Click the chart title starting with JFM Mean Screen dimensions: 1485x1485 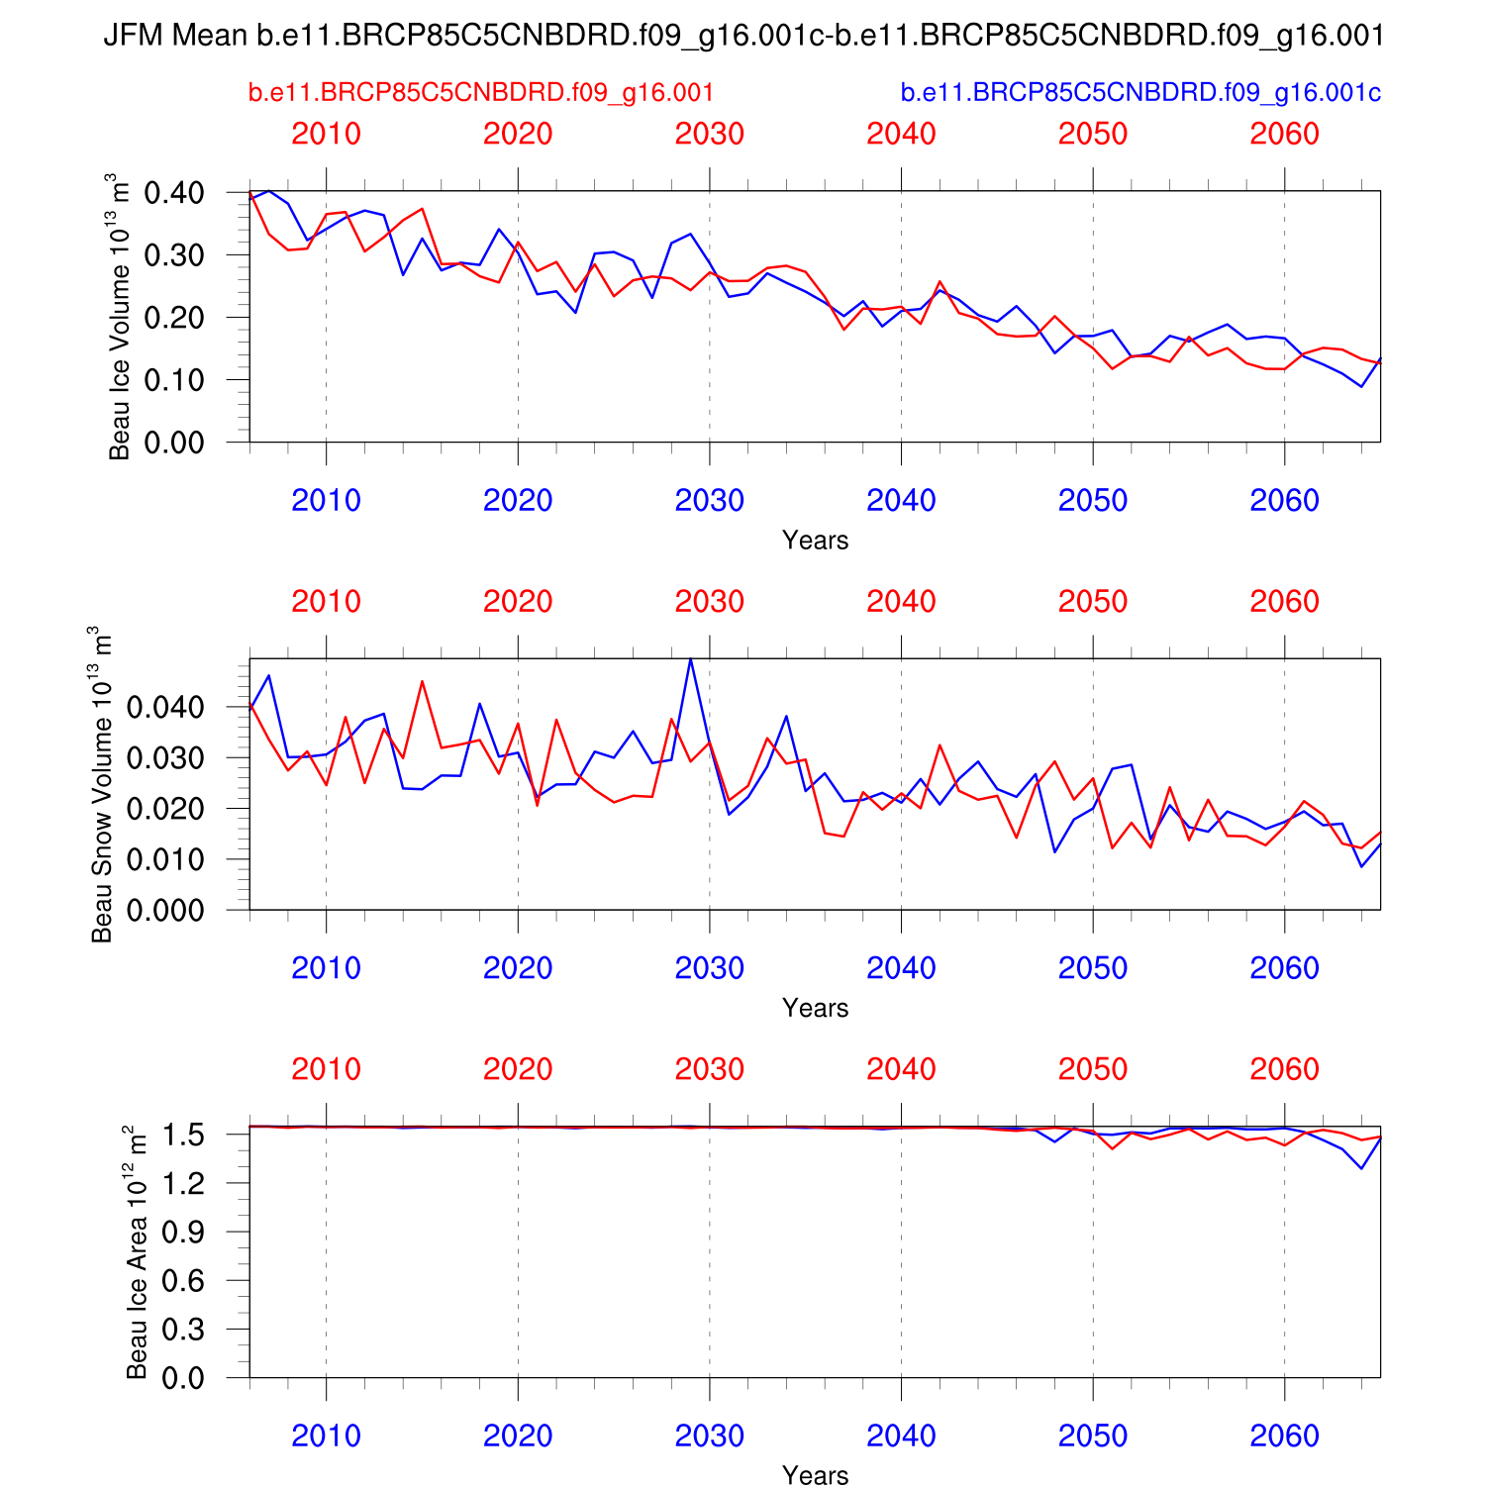point(742,37)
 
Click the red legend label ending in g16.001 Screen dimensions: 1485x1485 point(481,93)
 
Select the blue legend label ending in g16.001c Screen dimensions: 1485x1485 point(1140,93)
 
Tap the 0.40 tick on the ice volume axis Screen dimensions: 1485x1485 point(174,193)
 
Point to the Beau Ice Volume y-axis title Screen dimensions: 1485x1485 point(120,317)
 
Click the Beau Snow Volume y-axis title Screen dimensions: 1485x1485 point(102,784)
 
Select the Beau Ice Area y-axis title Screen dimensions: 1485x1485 point(137,1252)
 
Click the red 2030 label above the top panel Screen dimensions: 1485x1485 point(709,134)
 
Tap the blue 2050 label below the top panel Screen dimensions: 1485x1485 point(1092,501)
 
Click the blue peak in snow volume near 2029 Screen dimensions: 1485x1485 point(690,659)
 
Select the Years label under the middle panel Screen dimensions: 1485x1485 point(815,1008)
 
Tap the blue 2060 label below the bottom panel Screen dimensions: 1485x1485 point(1284,1435)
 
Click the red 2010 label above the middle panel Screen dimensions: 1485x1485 point(326,602)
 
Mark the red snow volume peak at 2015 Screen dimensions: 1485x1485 point(422,681)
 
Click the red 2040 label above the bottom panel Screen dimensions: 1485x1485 point(901,1069)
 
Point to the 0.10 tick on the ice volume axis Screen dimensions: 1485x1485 point(174,380)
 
